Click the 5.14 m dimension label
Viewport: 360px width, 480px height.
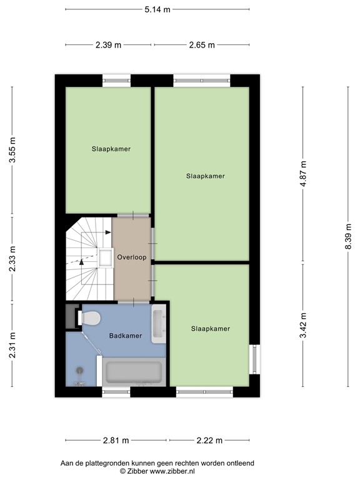pos(157,9)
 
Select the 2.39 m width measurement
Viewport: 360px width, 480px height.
pos(109,45)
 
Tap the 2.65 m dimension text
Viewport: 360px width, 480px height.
pos(202,45)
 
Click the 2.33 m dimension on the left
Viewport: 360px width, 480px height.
pos(12,259)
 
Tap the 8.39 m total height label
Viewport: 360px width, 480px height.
pos(348,237)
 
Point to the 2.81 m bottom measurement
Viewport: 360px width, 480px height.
pos(116,441)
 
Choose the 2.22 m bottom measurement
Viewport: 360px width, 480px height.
pos(209,441)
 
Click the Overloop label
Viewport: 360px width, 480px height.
pos(131,257)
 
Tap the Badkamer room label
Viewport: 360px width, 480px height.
pos(126,336)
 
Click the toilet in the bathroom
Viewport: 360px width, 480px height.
pos(90,318)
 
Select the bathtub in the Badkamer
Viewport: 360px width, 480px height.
pos(134,372)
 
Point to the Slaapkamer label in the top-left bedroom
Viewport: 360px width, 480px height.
pos(111,149)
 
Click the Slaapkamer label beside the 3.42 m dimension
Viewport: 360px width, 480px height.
pos(211,329)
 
